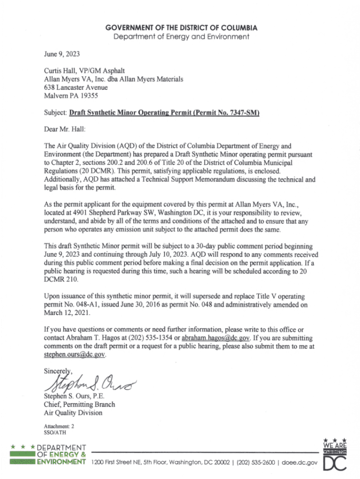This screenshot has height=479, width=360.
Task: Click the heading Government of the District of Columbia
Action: click(x=182, y=28)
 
